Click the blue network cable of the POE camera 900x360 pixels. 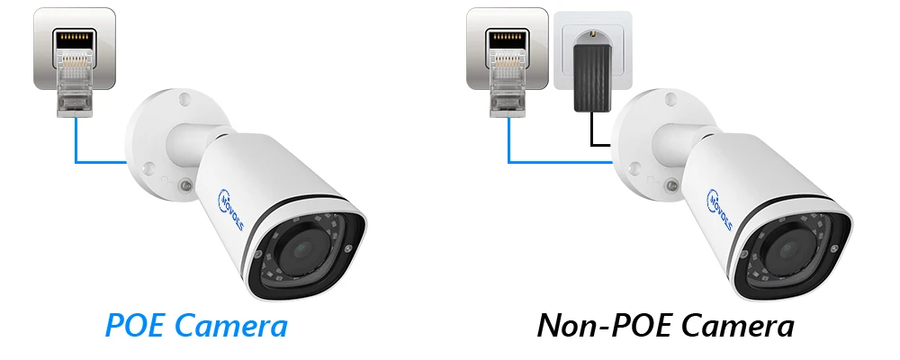77,148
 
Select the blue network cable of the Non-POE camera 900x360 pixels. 509,148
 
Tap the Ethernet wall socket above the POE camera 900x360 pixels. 74,45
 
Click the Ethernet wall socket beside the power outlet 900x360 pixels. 507,45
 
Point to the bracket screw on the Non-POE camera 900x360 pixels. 671,186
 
